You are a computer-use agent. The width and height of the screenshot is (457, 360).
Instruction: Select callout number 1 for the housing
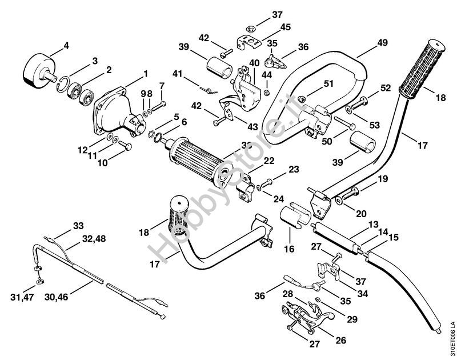145,73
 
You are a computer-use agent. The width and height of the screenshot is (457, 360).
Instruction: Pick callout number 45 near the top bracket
285,27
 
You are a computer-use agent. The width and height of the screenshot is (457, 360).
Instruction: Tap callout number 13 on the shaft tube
372,225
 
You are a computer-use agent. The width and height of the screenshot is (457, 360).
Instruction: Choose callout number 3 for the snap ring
95,61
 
